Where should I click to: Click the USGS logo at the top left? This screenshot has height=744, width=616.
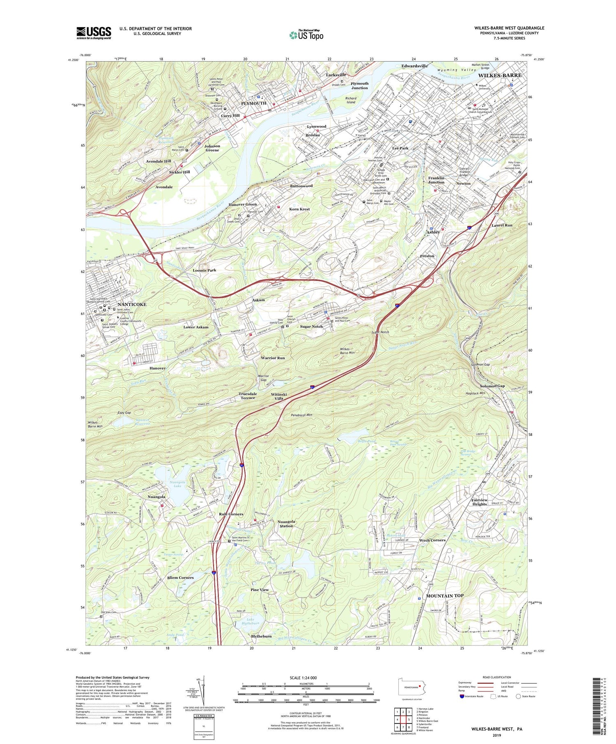coord(94,33)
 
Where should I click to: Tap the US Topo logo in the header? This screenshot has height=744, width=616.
coord(306,35)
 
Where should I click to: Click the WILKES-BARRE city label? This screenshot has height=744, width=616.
coord(499,76)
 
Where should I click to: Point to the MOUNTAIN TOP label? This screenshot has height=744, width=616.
coord(445,595)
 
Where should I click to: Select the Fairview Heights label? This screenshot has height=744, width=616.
coord(479,502)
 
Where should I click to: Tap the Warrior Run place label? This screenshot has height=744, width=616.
coord(273,358)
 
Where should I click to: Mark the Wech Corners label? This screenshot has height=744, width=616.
coord(432,540)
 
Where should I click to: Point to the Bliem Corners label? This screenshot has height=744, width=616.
coord(180,577)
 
